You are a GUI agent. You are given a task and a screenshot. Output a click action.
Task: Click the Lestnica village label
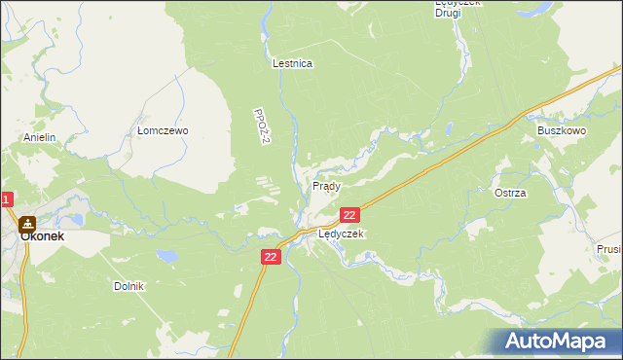click(292, 63)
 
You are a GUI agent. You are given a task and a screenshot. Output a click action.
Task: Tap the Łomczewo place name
click(162, 130)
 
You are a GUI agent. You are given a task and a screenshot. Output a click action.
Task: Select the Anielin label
click(41, 138)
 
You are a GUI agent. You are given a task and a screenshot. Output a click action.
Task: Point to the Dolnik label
click(128, 286)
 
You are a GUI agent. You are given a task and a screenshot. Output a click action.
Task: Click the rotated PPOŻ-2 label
click(260, 127)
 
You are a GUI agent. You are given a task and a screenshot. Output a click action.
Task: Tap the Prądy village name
click(326, 185)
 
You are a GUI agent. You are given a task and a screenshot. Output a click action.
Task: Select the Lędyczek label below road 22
click(341, 234)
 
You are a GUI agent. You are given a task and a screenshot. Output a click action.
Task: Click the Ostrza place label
click(510, 193)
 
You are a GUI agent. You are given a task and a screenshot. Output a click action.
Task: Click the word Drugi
click(449, 13)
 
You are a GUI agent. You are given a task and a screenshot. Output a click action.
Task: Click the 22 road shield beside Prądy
click(350, 214)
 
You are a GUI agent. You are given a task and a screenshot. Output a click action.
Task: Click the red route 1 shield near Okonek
click(6, 200)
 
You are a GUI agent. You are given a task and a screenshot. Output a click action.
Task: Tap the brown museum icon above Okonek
click(27, 223)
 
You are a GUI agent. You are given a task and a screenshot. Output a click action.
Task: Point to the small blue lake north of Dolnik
click(169, 256)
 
